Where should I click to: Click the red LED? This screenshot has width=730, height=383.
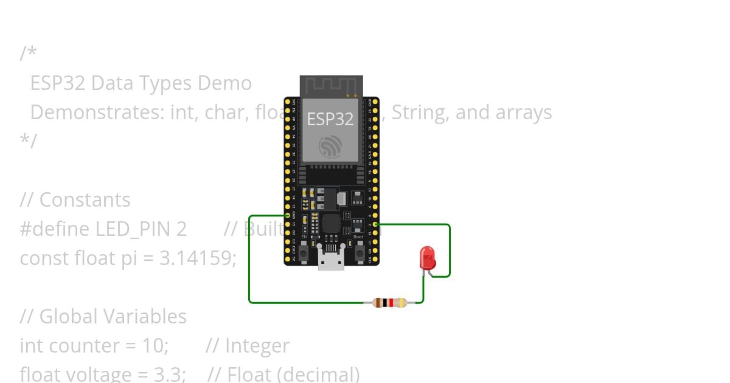tap(428, 257)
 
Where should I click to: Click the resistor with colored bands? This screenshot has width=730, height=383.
tap(389, 302)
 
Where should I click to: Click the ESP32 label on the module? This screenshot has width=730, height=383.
tap(330, 119)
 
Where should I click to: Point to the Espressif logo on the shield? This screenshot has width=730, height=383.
tap(331, 146)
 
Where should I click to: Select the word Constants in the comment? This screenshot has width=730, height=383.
tap(85, 200)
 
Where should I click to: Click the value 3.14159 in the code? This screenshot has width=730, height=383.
tap(197, 258)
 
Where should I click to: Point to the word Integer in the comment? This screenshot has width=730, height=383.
tap(257, 346)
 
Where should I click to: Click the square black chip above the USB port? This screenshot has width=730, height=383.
tap(331, 224)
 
